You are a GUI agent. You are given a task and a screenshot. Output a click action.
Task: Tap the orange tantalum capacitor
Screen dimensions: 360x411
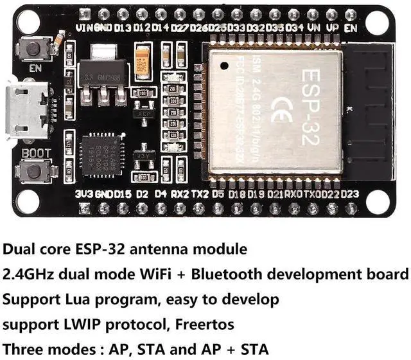(x=142, y=61)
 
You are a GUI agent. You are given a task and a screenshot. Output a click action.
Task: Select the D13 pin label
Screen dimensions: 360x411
(x=123, y=28)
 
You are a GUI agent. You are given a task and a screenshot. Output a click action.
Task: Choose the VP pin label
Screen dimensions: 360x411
(x=333, y=28)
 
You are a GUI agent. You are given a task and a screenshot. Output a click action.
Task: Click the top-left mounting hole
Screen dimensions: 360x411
(x=28, y=22)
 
